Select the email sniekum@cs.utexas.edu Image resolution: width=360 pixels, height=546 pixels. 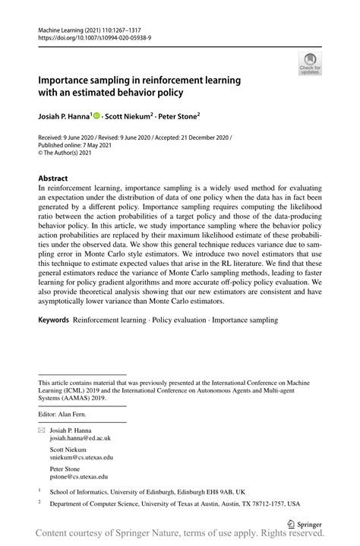tap(81, 457)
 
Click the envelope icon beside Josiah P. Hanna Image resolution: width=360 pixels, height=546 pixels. tap(42, 429)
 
